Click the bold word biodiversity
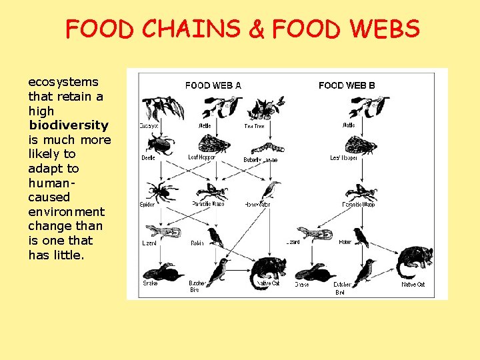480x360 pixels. click(68, 125)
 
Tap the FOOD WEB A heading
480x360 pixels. click(213, 85)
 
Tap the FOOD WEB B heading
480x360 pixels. click(347, 85)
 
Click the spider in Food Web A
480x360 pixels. click(160, 191)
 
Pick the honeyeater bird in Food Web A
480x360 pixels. click(271, 189)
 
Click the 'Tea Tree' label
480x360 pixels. click(254, 126)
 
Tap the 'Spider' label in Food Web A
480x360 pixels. click(147, 204)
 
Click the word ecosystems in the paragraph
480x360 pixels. click(63, 82)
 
